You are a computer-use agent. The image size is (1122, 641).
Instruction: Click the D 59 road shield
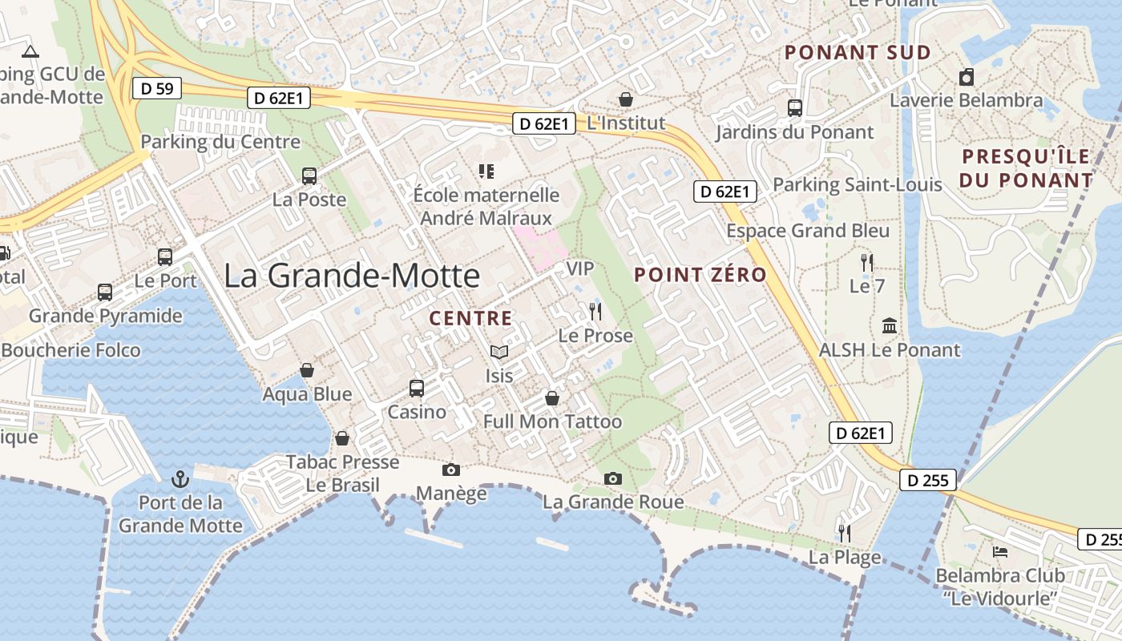point(157,88)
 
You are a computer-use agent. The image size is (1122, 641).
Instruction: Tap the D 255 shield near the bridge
point(928,480)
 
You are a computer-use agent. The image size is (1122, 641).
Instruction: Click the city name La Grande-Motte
point(352,276)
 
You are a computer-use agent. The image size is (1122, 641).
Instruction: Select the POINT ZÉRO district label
point(700,275)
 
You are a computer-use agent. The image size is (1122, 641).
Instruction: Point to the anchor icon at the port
point(180,480)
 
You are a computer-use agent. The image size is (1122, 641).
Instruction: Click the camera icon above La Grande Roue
point(613,478)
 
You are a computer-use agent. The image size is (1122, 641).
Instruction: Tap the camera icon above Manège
point(451,470)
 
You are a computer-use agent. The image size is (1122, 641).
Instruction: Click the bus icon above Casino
point(417,388)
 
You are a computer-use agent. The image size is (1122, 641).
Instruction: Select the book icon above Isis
point(499,352)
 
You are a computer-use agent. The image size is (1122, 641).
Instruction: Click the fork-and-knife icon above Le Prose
point(595,312)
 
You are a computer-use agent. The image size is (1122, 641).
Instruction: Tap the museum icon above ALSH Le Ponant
point(890,326)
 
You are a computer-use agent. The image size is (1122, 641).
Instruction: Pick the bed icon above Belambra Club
point(1000,552)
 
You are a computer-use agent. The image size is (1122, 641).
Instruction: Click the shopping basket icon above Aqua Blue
point(307,370)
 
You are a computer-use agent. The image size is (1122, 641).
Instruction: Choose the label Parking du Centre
point(220,142)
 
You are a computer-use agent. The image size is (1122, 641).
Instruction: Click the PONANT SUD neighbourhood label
point(858,53)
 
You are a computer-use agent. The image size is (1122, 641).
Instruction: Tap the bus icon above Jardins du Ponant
point(795,107)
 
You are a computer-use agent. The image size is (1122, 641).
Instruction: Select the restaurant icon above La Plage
point(844,533)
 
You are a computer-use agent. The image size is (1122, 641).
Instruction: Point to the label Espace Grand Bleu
point(808,231)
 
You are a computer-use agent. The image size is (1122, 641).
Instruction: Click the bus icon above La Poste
point(309,175)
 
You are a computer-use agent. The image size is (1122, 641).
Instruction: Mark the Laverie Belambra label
point(967,100)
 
